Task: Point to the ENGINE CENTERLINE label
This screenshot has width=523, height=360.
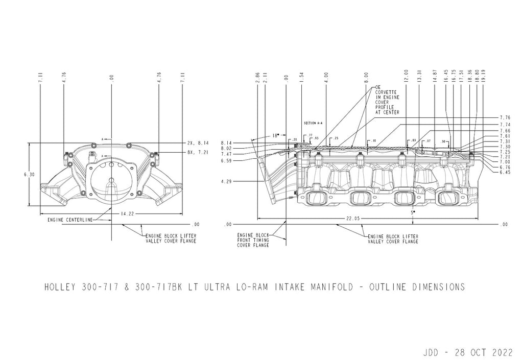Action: click(x=70, y=220)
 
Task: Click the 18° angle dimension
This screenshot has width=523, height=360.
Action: click(x=275, y=136)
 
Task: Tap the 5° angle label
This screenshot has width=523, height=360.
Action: click(x=413, y=211)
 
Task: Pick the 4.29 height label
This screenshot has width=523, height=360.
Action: click(x=226, y=181)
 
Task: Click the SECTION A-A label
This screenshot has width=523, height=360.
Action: click(x=312, y=124)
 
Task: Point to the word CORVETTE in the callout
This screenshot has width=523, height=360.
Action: click(x=385, y=97)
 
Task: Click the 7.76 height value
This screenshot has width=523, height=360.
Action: click(x=506, y=117)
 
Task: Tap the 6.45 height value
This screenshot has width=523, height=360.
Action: click(x=506, y=173)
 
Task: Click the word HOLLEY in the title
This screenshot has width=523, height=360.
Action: click(x=60, y=287)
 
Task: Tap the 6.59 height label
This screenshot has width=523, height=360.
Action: click(x=226, y=160)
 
